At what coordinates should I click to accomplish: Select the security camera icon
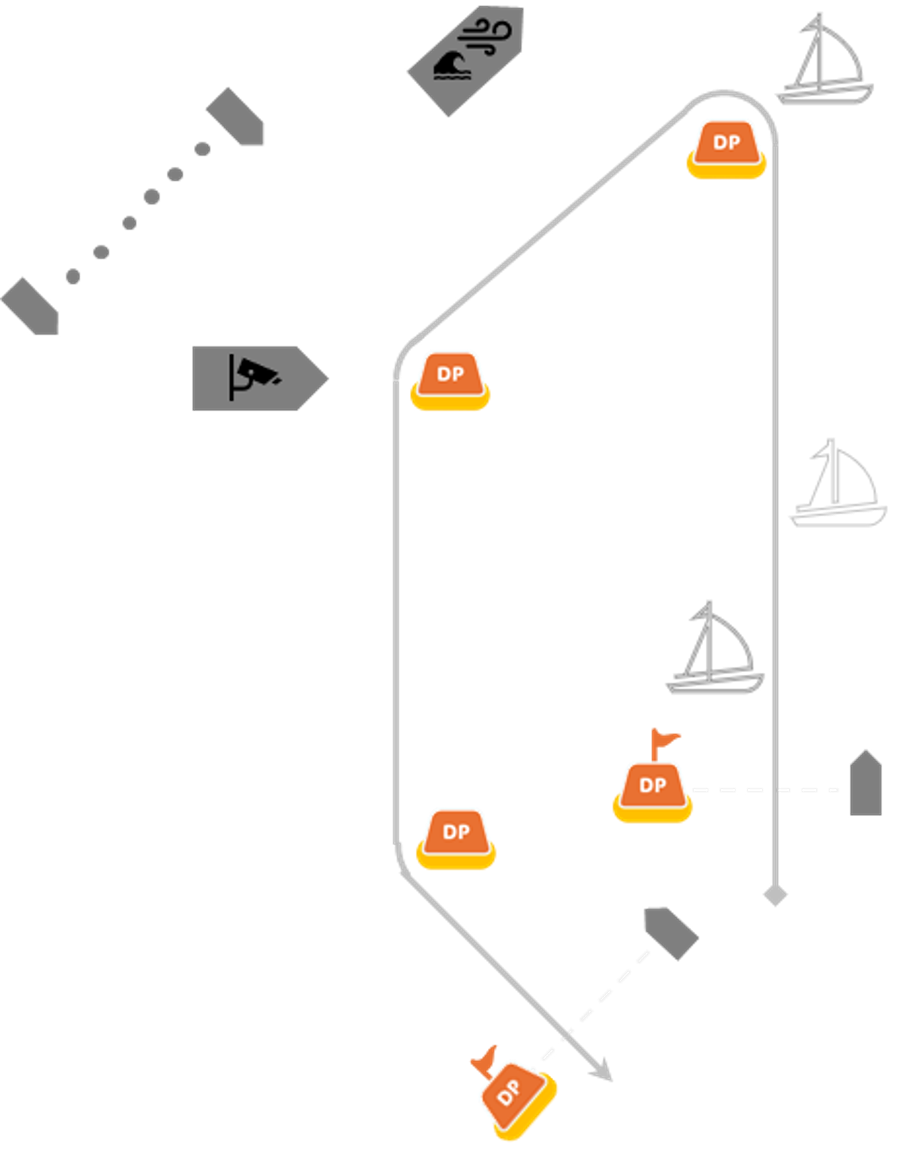click(253, 378)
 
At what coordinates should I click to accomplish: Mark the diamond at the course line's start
click(775, 895)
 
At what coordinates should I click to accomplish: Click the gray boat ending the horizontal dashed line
click(866, 783)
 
